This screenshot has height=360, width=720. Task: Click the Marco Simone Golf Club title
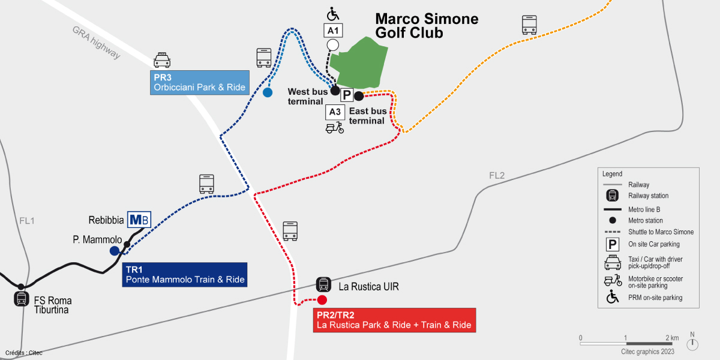427,26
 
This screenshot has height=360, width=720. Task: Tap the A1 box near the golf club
333,30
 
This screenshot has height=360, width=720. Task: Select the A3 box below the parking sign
335,112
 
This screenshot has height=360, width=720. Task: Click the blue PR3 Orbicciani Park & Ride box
199,82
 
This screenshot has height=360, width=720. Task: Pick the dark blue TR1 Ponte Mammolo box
185,274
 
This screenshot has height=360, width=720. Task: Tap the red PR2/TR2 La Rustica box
394,320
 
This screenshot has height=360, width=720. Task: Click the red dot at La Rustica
322,300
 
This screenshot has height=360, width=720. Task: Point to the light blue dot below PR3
268,92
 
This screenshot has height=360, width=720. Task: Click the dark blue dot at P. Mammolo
114,251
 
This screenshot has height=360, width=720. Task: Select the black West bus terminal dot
336,91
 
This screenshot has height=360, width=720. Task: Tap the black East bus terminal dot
359,95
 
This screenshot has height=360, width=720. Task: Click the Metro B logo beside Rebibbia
139,220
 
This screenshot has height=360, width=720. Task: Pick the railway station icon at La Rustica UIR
323,284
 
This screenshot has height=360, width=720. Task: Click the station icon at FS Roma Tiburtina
22,299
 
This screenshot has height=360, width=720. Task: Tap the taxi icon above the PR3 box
162,59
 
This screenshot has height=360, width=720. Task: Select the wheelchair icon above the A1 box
333,14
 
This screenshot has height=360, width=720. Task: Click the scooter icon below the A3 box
334,127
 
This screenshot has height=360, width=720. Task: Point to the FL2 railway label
497,176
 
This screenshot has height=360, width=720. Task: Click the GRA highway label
96,43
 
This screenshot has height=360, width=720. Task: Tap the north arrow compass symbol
692,343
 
